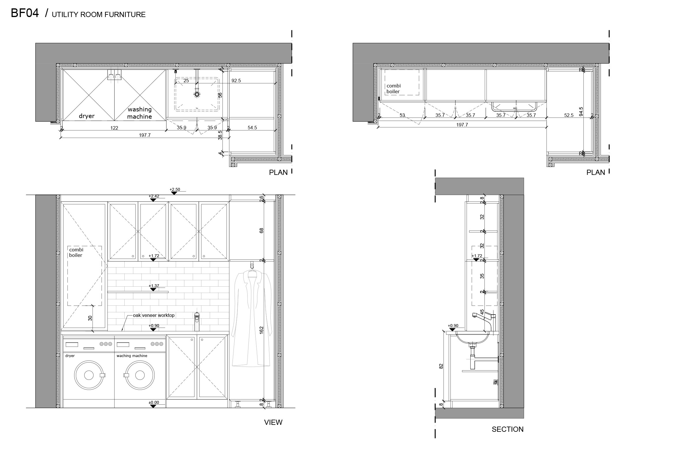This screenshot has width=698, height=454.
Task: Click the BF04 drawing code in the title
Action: click(25, 13)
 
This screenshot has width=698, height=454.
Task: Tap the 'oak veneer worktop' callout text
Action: click(154, 315)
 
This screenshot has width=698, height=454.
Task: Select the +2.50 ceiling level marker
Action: click(175, 190)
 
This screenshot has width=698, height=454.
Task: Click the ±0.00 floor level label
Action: click(154, 402)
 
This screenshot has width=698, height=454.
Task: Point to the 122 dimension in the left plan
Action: click(114, 128)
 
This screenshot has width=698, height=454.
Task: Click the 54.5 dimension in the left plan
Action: click(252, 128)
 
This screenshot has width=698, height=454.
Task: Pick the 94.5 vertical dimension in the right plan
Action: click(581, 111)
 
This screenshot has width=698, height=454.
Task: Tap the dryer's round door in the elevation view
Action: click(89, 375)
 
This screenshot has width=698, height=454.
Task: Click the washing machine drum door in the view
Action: click(140, 375)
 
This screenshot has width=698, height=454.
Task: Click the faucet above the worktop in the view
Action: click(197, 321)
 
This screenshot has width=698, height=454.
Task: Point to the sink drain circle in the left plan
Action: click(197, 94)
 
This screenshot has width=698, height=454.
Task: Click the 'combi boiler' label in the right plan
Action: click(393, 89)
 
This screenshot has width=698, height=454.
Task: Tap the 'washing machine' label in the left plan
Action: click(140, 113)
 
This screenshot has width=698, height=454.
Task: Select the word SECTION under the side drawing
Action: click(507, 429)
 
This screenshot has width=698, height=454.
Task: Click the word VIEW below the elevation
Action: click(273, 422)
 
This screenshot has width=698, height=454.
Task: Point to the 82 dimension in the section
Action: click(441, 366)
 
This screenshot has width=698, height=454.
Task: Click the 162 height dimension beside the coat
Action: click(261, 330)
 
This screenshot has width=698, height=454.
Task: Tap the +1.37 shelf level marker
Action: click(154, 286)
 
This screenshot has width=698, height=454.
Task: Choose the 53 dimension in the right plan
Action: click(402, 115)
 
